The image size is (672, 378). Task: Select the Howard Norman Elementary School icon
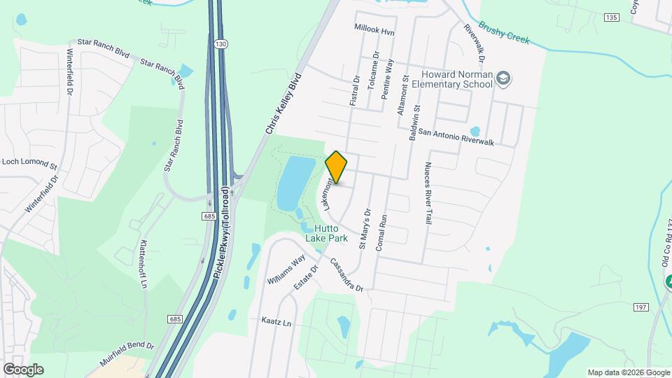(503, 79)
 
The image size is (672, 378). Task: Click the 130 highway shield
(221, 43)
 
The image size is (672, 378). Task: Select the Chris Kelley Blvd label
(283, 103)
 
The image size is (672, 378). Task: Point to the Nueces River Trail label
(427, 193)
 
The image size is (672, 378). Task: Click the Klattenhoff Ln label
(143, 264)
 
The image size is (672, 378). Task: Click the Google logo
(23, 369)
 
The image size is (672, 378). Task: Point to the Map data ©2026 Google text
(629, 372)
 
